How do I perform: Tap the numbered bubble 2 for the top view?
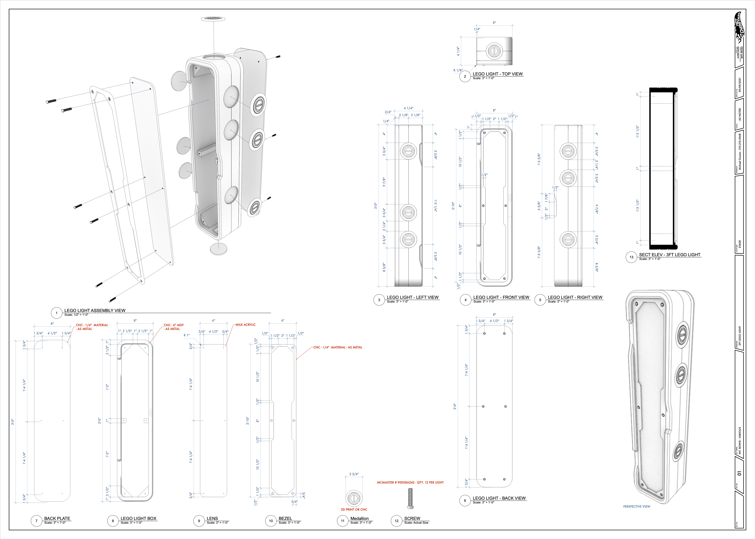(465, 76)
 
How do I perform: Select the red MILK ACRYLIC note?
(246, 325)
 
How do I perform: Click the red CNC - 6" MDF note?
(174, 325)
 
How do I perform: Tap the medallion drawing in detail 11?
(354, 498)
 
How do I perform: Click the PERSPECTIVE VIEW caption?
(636, 506)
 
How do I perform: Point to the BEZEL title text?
(285, 518)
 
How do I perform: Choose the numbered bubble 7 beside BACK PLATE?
(37, 521)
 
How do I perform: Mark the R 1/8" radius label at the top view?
(458, 70)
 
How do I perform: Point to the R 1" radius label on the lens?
(187, 335)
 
